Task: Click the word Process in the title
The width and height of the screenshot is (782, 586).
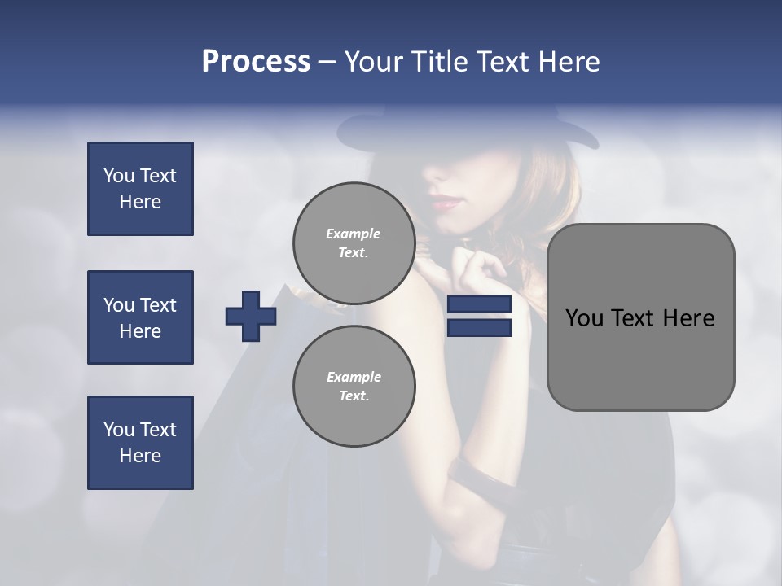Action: pos(256,62)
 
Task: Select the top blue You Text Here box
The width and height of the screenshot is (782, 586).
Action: pos(140,189)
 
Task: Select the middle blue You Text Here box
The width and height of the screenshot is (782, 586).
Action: pos(140,317)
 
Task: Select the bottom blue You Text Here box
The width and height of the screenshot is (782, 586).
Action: pos(140,443)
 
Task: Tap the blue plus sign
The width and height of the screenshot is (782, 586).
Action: pos(251,316)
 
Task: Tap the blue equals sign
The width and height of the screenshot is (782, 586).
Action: pos(479,316)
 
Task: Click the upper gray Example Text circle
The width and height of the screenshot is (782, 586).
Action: pos(354,243)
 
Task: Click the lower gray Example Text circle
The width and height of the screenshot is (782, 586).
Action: pos(354,386)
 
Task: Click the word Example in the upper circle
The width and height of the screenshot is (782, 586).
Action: pos(354,234)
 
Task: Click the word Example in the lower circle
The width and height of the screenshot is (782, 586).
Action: pos(354,377)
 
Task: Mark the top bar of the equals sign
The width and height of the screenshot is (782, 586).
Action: pos(479,304)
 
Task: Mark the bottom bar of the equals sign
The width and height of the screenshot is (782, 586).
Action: pos(479,327)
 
